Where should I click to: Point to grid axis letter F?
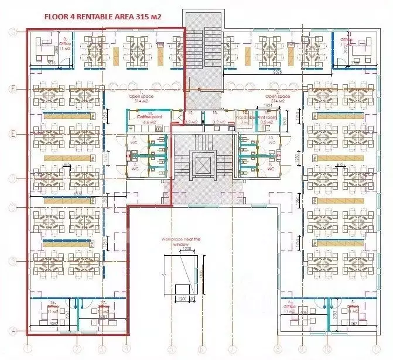pos(11,88)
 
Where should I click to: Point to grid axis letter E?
pos(11,133)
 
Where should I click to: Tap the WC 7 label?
pos(134,166)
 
